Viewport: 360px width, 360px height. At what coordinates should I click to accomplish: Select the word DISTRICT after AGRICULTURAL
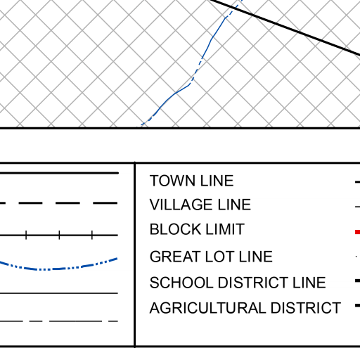click(x=306, y=307)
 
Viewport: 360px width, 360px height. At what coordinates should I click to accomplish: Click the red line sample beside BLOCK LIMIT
click(x=358, y=232)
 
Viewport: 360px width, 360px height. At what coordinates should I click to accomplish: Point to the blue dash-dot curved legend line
click(x=58, y=269)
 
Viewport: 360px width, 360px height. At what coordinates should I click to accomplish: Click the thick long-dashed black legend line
click(x=58, y=203)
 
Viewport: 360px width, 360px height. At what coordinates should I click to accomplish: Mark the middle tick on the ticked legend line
click(x=59, y=235)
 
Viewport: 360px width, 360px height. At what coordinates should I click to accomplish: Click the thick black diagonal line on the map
click(x=285, y=27)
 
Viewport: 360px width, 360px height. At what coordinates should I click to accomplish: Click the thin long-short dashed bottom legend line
click(x=58, y=321)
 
